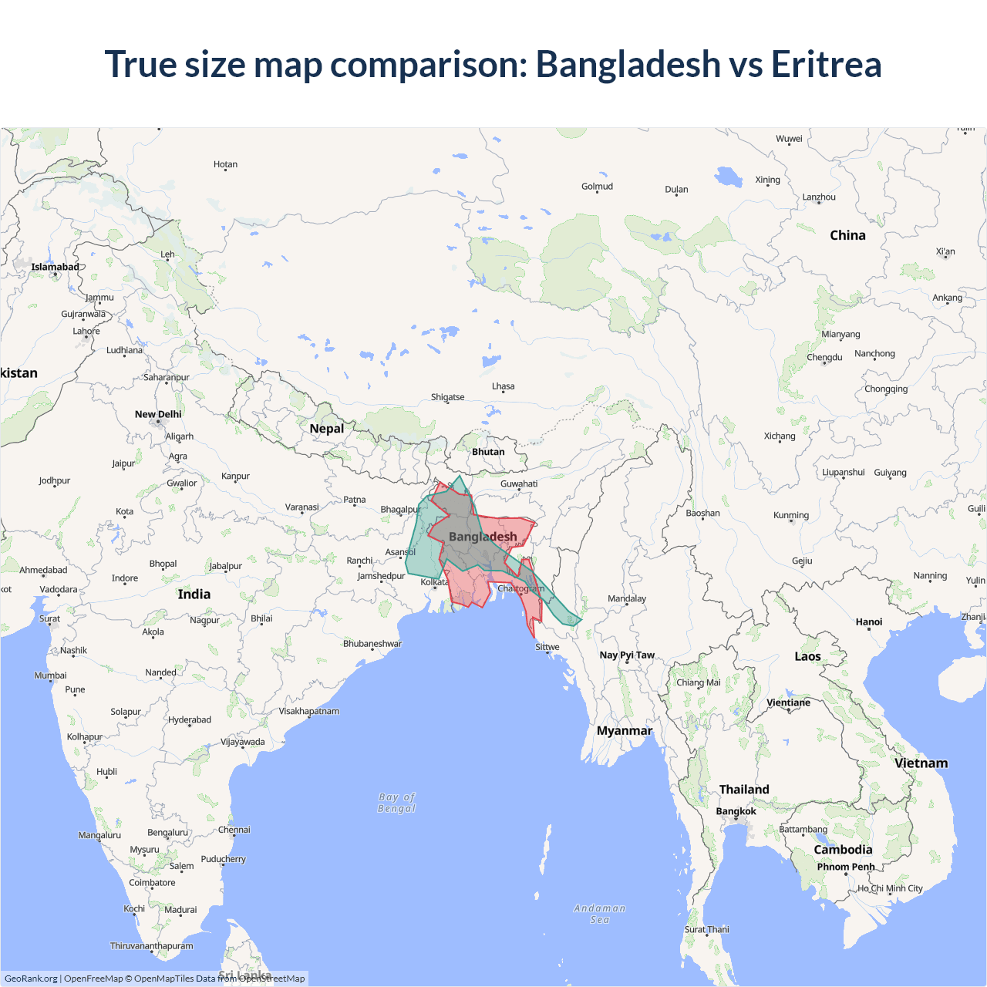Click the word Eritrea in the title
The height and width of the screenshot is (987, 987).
pos(826,64)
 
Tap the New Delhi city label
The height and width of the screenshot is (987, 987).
pos(158,414)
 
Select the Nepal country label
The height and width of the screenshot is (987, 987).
pos(327,429)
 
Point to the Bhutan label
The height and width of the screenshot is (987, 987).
pos(488,452)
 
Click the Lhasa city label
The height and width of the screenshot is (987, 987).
pos(503,386)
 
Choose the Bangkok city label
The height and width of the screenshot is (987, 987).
pos(736,811)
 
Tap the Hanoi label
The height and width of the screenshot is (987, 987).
pos(868,622)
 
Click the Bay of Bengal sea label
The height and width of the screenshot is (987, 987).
pos(396,803)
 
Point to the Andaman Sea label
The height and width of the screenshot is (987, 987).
pos(600,914)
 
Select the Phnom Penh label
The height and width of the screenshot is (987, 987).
pos(846,867)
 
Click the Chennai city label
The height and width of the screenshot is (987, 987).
pos(234,830)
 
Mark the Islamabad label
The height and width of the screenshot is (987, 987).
pos(55,267)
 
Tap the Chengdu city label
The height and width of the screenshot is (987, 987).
pos(824,357)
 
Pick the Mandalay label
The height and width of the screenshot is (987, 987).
pos(627,598)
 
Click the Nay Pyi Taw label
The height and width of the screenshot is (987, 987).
pos(627,655)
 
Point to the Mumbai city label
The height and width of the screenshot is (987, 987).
pos(50,675)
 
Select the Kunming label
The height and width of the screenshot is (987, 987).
pos(791,515)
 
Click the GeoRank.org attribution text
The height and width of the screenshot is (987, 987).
pos(31,979)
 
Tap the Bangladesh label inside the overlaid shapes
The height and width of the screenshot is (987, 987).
pos(483,537)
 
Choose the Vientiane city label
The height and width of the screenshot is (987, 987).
pos(788,702)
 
